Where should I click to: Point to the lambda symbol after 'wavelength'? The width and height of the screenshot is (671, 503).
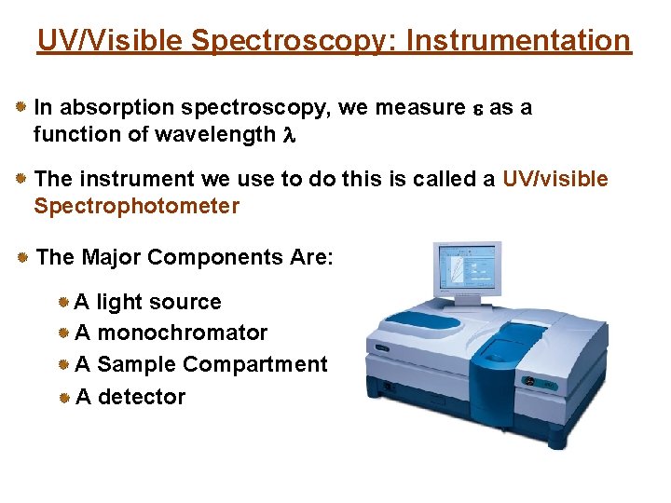pyautogui.click(x=287, y=135)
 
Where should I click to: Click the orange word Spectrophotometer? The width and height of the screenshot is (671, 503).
pyautogui.click(x=136, y=206)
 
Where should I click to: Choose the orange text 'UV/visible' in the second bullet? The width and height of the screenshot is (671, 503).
pyautogui.click(x=555, y=179)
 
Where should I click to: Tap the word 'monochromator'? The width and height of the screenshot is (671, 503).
pyautogui.click(x=182, y=333)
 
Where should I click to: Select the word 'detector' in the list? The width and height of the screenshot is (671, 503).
pyautogui.click(x=142, y=397)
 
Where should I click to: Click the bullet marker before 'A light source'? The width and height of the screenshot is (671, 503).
pyautogui.click(x=63, y=302)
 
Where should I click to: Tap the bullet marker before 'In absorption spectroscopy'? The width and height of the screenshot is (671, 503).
pyautogui.click(x=21, y=108)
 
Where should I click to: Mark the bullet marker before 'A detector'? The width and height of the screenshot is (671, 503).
pyautogui.click(x=63, y=397)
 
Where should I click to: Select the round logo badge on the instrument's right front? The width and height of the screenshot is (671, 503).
pyautogui.click(x=528, y=381)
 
